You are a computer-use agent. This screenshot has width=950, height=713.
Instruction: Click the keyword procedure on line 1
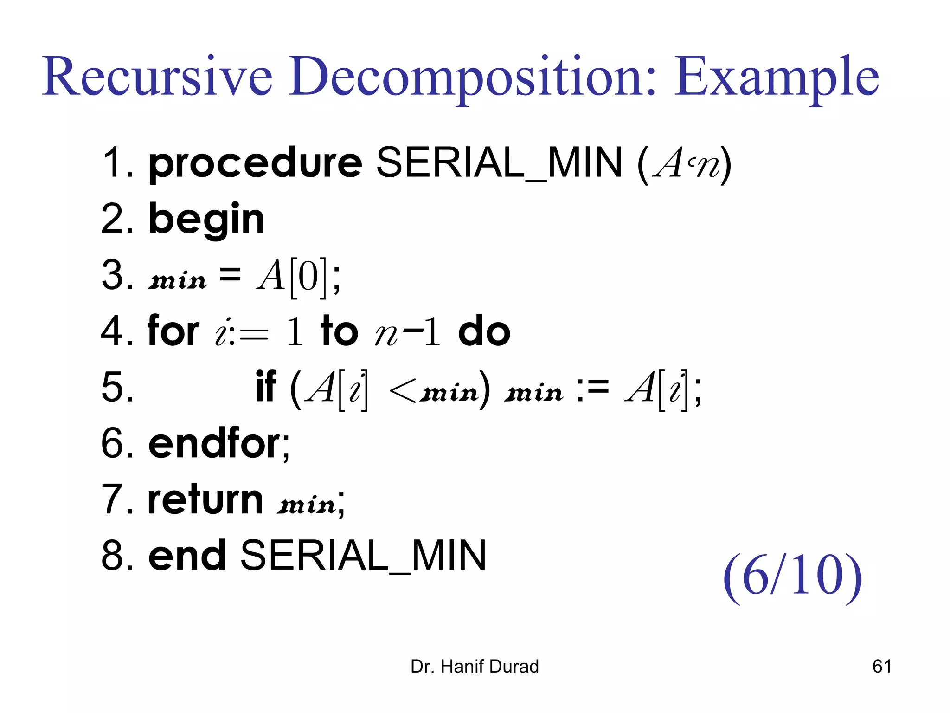click(x=255, y=163)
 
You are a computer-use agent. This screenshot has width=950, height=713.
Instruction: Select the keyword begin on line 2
click(x=206, y=220)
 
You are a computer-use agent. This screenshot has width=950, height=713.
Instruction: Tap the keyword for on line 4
click(x=173, y=331)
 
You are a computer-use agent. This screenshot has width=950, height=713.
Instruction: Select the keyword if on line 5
click(x=266, y=388)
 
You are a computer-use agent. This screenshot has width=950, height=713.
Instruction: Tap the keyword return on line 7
click(x=205, y=500)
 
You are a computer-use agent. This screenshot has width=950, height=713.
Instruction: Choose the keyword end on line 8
click(x=187, y=556)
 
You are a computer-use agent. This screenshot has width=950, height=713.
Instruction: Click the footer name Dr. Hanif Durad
click(x=475, y=667)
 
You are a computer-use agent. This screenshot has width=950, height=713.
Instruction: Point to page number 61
click(x=882, y=667)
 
